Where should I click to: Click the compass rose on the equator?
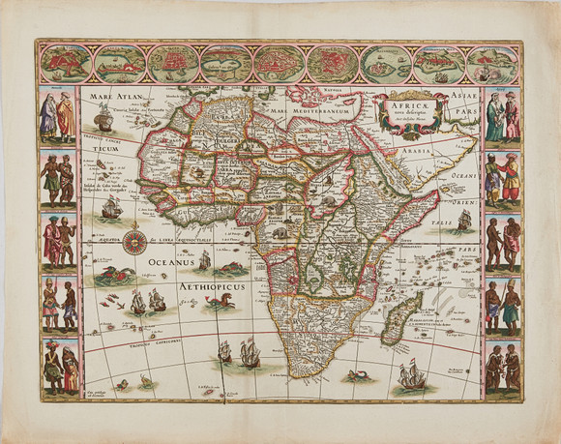tap(133, 241)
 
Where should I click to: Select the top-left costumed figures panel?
tap(57, 116)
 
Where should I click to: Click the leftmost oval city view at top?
tap(73, 63)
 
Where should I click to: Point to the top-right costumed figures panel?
tap(502, 116)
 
